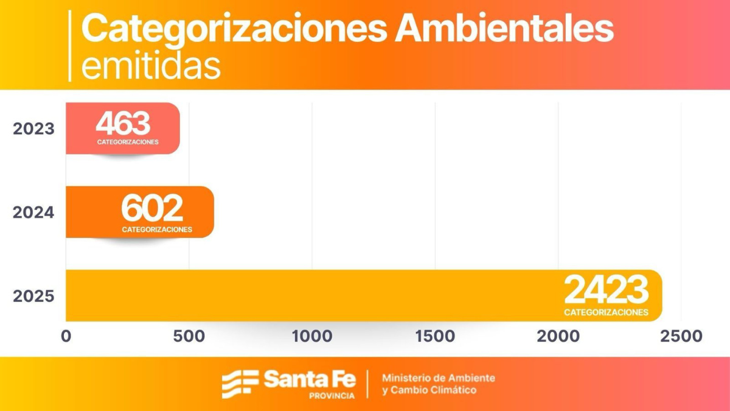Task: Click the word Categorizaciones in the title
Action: pyautogui.click(x=234, y=29)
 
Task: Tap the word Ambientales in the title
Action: pyautogui.click(x=504, y=29)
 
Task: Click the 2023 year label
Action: pyautogui.click(x=33, y=129)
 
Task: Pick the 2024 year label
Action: pyautogui.click(x=33, y=213)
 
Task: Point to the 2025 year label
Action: pyautogui.click(x=33, y=297)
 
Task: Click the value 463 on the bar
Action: pyautogui.click(x=123, y=124)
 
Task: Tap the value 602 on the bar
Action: pyautogui.click(x=152, y=209)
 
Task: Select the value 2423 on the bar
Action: pyautogui.click(x=606, y=290)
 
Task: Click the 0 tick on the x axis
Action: pyautogui.click(x=66, y=336)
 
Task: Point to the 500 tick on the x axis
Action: pyautogui.click(x=189, y=336)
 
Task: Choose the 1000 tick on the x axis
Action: pyautogui.click(x=311, y=336)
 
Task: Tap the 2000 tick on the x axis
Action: pyautogui.click(x=558, y=336)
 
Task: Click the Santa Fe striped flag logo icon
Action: pyautogui.click(x=240, y=384)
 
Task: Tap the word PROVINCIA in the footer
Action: pyautogui.click(x=332, y=396)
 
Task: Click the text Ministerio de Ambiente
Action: pyautogui.click(x=438, y=378)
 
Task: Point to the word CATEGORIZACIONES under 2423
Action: pyautogui.click(x=606, y=312)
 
